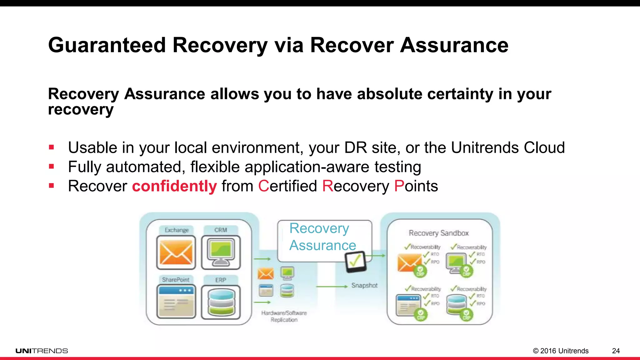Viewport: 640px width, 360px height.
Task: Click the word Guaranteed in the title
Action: tap(107, 45)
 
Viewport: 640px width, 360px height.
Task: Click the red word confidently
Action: tap(174, 186)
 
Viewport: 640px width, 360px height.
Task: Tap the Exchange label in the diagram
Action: tap(177, 230)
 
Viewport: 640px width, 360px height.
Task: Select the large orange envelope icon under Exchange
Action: tap(176, 252)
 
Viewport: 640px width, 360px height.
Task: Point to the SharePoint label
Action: tap(175, 280)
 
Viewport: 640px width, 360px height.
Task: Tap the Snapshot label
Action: tap(364, 285)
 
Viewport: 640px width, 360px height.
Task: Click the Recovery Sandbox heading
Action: tap(438, 233)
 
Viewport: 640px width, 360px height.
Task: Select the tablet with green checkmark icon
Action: tap(355, 261)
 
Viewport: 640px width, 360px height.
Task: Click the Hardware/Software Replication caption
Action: tap(284, 316)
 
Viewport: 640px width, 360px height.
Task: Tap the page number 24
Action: tap(616, 351)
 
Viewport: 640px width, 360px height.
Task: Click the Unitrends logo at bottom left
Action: tap(42, 351)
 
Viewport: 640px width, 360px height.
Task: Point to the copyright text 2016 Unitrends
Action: tap(561, 351)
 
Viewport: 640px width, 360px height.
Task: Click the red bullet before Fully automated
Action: tap(52, 167)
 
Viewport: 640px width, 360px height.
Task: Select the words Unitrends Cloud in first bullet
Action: tap(507, 147)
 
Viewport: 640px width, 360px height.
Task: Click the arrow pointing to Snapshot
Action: tap(331, 286)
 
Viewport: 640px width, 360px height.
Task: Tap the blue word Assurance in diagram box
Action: tap(322, 245)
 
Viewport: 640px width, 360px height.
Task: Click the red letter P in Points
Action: tap(399, 186)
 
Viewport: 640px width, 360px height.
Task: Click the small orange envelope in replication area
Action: tap(265, 274)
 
